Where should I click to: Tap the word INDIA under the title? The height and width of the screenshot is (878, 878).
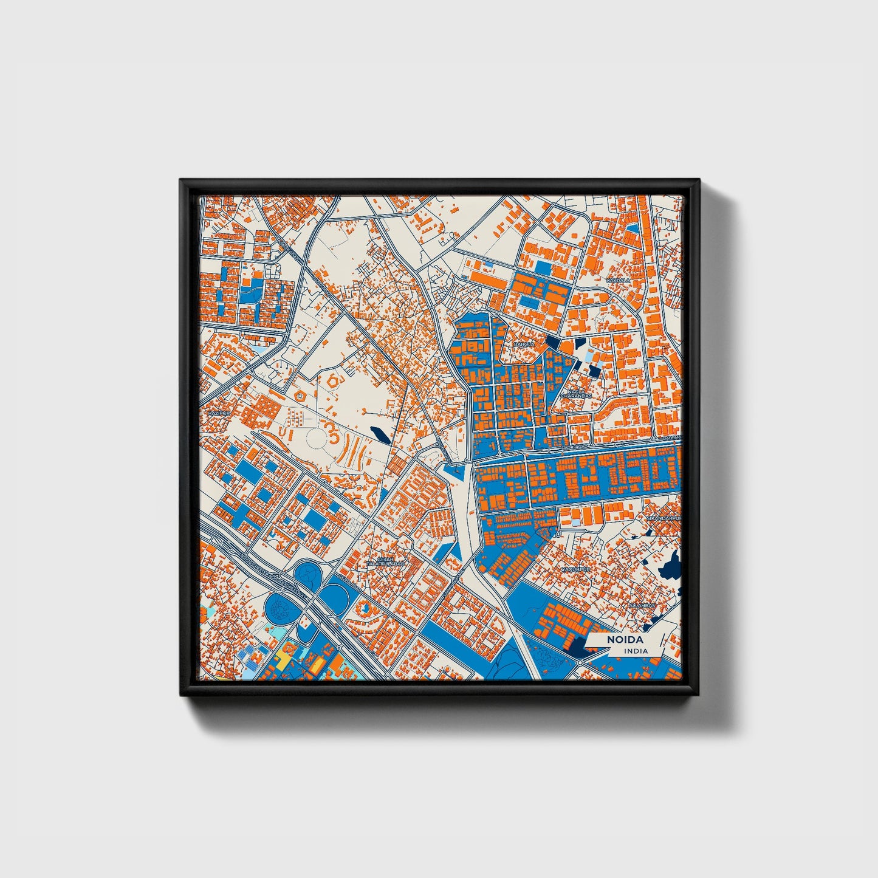point(636,651)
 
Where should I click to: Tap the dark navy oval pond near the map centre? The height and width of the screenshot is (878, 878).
point(378,434)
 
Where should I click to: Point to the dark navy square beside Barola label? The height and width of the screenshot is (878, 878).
point(554,341)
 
